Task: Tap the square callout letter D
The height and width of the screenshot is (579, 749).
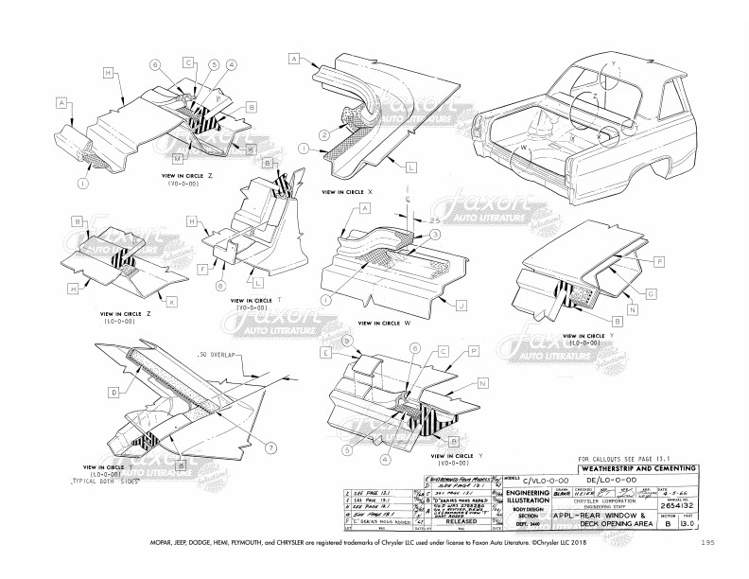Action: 113,390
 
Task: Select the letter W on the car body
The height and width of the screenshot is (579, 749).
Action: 522,148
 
